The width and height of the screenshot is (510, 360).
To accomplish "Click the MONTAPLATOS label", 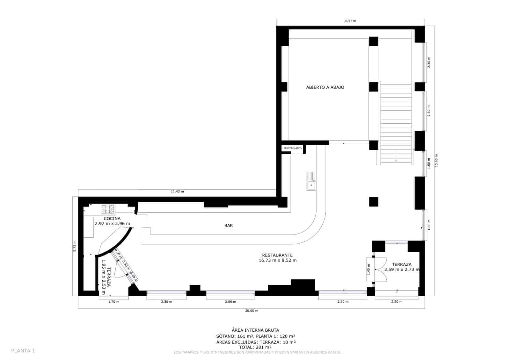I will tap(293, 148).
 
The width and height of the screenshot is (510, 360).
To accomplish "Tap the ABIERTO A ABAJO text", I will tap(325, 87).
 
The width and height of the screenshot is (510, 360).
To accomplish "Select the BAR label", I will tap(229, 226).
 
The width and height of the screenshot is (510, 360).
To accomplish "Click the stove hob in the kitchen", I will tap(108, 209).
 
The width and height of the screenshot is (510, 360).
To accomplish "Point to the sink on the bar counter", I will tap(311, 181).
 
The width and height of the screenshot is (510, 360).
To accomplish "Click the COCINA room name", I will tap(112, 219).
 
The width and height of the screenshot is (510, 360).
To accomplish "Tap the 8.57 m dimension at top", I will tap(351, 21).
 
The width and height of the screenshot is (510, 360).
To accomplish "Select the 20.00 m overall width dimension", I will tap(252, 311).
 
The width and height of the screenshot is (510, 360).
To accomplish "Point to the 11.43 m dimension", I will tap(177, 191).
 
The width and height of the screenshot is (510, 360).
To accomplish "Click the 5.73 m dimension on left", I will tap(75, 246).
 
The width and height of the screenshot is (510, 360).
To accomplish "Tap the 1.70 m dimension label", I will tap(113, 302).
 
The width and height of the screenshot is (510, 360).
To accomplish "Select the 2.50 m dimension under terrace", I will tap(397, 302).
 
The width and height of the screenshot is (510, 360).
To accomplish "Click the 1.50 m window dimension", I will tap(429, 163).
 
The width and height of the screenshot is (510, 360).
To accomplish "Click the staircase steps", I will tap(396, 121).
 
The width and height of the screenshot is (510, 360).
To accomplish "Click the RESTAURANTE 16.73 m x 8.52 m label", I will tap(277, 258).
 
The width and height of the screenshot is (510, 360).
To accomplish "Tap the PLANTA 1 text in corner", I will tap(23, 351).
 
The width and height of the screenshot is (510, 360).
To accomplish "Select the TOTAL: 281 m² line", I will tap(255, 347).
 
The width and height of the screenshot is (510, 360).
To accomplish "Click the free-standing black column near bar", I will tap(374, 202).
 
